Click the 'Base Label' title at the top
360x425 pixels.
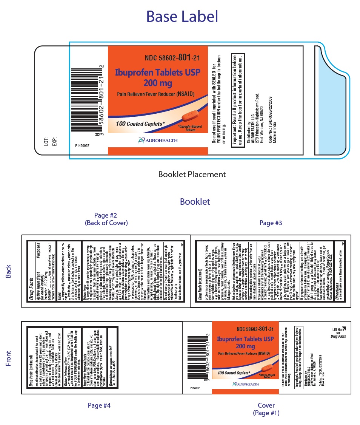point(182,17)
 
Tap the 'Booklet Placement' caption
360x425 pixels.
point(192,174)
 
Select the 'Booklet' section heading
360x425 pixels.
point(195,201)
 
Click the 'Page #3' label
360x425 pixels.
point(271,223)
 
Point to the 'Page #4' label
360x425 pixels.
point(99,405)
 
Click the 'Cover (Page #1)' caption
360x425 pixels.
point(266,409)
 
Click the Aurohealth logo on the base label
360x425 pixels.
point(158,141)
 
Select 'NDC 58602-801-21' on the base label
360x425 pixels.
point(172,58)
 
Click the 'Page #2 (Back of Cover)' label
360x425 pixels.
point(106,219)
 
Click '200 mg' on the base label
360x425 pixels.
point(158,82)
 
